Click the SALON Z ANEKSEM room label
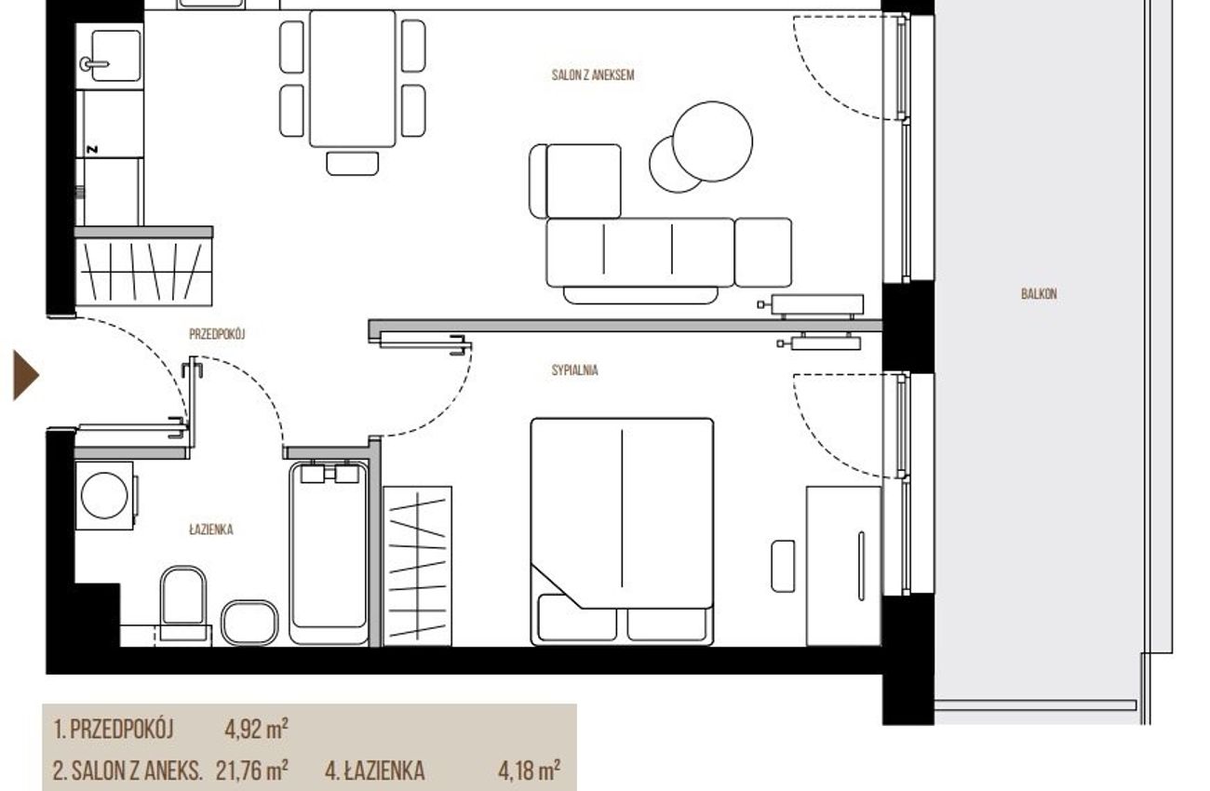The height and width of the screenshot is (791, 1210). (593, 75)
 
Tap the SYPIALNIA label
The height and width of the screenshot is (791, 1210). (575, 370)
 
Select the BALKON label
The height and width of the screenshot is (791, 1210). (1039, 294)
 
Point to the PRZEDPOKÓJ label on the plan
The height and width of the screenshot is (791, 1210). (217, 334)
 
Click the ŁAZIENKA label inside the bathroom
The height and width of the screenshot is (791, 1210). (211, 530)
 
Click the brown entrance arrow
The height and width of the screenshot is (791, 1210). (25, 375)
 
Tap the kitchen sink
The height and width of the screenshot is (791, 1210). (115, 56)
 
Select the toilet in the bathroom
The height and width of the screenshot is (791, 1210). (183, 604)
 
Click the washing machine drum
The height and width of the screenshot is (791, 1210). (104, 495)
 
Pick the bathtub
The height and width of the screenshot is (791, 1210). (329, 552)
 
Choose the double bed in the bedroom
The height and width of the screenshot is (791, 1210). (622, 531)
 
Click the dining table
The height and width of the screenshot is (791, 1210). (352, 78)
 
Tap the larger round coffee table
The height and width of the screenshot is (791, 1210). (712, 141)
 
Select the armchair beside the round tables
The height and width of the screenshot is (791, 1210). (575, 181)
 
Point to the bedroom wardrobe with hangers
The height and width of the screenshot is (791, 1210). (418, 566)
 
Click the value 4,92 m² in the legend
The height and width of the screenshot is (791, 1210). (256, 730)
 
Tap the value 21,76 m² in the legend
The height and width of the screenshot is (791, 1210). (251, 771)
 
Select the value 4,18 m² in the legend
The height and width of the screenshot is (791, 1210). (529, 771)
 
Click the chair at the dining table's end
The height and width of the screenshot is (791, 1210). (352, 164)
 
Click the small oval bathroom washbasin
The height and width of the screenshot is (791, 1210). (249, 623)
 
